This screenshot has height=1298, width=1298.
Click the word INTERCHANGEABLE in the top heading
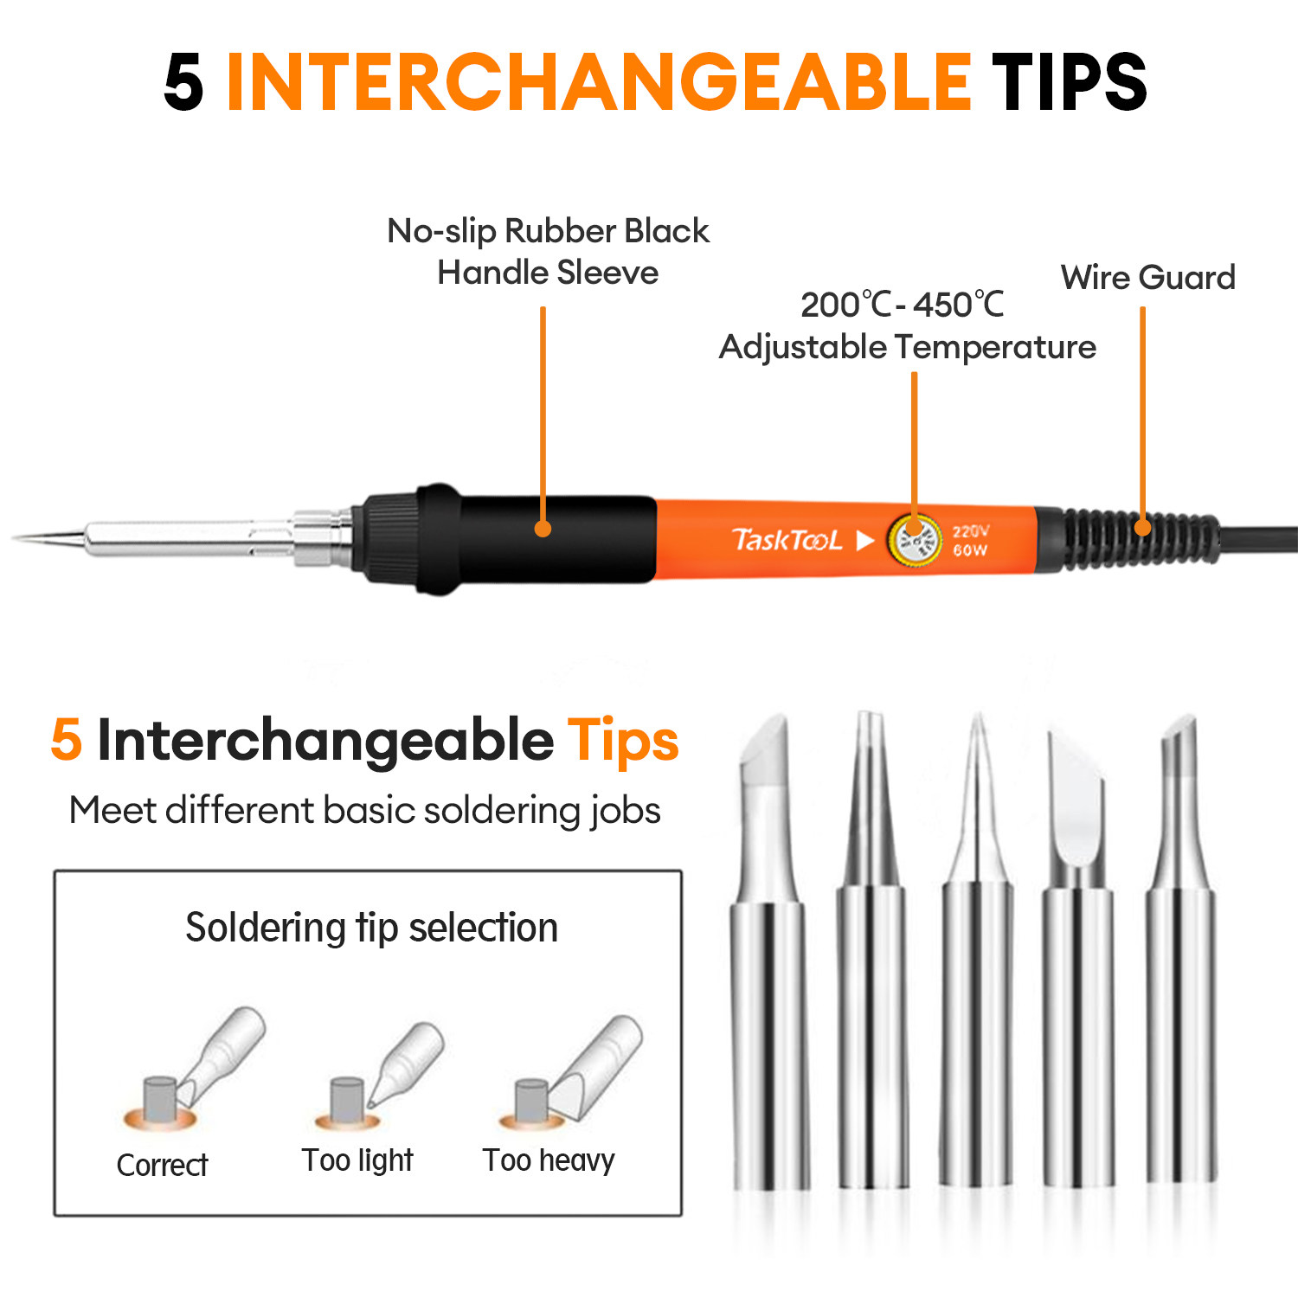pos(599,82)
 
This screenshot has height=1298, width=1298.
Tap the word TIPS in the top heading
pos(1070,82)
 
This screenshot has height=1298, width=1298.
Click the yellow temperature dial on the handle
pos(915,542)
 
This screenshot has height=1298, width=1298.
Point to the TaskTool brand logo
pos(787,541)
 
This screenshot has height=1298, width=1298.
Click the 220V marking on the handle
pos(971,531)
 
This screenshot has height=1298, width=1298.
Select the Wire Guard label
pos(1147,278)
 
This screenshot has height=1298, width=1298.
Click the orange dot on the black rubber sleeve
pos(543,528)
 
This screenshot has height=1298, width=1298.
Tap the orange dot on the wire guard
pos(1142,526)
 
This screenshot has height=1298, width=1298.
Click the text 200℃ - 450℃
pos(903,305)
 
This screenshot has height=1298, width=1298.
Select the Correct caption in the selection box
pos(162,1166)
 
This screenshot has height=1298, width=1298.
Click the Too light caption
pos(357,1160)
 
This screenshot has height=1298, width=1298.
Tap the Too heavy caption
pos(549,1160)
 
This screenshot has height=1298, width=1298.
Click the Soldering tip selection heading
pos(371,929)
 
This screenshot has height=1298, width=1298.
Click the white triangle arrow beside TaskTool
pos(864,541)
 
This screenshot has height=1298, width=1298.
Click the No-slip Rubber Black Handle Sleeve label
pos(548,252)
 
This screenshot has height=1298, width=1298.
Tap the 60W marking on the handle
pos(969,550)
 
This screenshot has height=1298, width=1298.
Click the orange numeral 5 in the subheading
pos(67,741)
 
